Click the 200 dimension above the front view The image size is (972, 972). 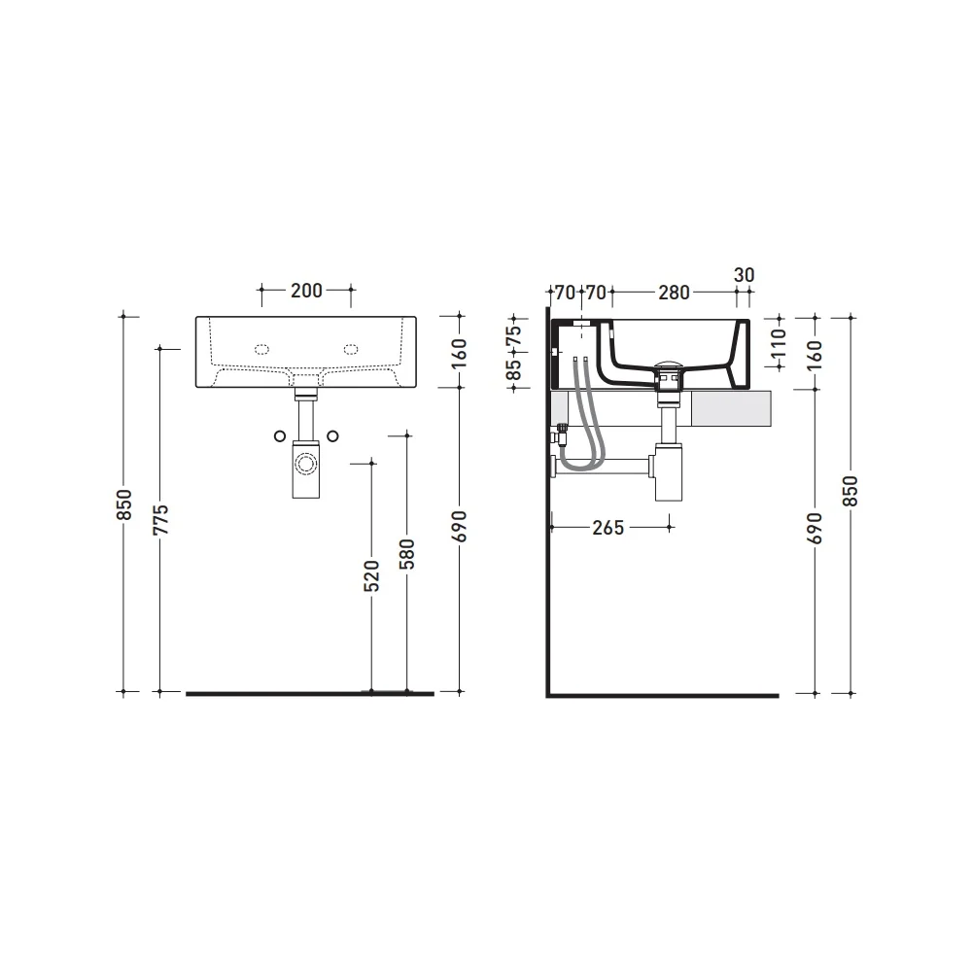tap(306, 290)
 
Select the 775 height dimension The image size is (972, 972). tap(160, 520)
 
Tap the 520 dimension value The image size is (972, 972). tap(371, 575)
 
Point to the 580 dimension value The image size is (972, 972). tap(406, 554)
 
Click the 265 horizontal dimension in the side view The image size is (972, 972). tap(608, 528)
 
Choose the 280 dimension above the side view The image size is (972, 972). tap(674, 292)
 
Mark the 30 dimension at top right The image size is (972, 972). tap(744, 275)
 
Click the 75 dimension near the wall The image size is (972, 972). tap(514, 337)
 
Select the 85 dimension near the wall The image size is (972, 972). tap(514, 369)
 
